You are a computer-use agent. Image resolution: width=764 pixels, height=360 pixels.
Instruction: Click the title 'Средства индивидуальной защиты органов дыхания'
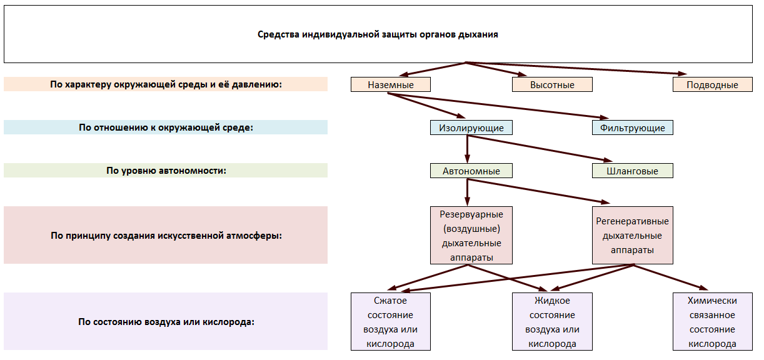pyautogui.click(x=378, y=34)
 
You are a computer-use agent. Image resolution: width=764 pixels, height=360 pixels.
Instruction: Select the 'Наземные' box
pyautogui.click(x=391, y=84)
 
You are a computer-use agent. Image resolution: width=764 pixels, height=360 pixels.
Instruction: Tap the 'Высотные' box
pyautogui.click(x=552, y=84)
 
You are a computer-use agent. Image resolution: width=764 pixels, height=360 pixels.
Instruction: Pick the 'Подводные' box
pyautogui.click(x=713, y=84)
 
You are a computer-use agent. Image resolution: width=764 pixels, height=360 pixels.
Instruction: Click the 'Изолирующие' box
pyautogui.click(x=471, y=127)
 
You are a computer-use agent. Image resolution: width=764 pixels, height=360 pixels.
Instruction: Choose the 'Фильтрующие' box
pyautogui.click(x=633, y=127)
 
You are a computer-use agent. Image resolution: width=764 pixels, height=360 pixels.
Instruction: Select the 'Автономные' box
pyautogui.click(x=471, y=171)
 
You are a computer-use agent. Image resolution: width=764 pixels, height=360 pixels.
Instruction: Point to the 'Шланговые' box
pyautogui.click(x=633, y=171)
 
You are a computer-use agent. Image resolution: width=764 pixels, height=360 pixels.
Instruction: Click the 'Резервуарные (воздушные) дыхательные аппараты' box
pyautogui.click(x=471, y=235)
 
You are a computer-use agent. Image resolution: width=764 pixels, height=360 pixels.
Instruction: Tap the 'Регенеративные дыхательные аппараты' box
pyautogui.click(x=633, y=235)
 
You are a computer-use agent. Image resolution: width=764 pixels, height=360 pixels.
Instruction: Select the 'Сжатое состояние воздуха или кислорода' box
pyautogui.click(x=391, y=321)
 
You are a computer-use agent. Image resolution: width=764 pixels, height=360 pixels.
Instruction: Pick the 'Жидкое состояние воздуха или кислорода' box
pyautogui.click(x=552, y=321)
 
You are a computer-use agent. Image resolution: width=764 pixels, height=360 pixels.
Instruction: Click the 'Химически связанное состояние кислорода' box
pyautogui.click(x=713, y=321)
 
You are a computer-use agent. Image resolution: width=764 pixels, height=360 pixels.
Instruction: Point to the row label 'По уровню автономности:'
pyautogui.click(x=166, y=171)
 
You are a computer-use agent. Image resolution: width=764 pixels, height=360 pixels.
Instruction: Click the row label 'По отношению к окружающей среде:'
pyautogui.click(x=166, y=127)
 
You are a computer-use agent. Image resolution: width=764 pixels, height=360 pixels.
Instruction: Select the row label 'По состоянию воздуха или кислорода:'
pyautogui.click(x=166, y=321)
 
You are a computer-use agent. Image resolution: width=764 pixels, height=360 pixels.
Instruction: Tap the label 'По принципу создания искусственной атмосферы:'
pyautogui.click(x=166, y=235)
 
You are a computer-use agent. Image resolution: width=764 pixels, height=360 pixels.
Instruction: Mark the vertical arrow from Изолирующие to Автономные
pyautogui.click(x=467, y=149)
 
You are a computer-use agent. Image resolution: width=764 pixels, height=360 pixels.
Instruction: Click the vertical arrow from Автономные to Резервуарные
pyautogui.click(x=467, y=192)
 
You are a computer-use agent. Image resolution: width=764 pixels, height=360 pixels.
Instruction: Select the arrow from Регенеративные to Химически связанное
pyautogui.click(x=671, y=277)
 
